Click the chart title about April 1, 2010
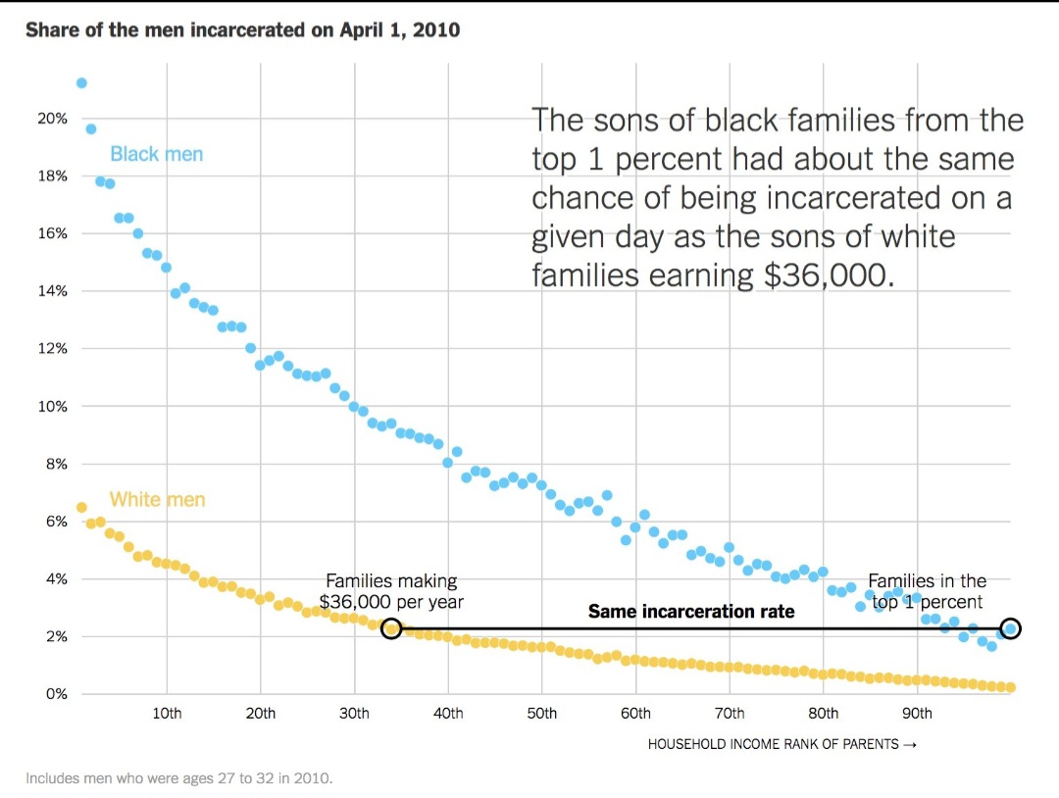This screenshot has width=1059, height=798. click(242, 30)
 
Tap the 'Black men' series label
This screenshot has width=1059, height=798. click(157, 154)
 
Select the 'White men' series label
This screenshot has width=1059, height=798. click(157, 500)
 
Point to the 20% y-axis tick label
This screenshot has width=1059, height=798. click(53, 119)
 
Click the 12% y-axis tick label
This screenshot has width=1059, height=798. click(53, 349)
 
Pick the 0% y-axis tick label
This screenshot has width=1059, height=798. click(56, 694)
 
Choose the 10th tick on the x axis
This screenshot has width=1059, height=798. click(168, 714)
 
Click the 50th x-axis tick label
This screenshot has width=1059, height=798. click(542, 714)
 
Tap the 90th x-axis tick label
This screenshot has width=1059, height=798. click(918, 714)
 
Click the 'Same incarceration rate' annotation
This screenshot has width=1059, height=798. click(691, 612)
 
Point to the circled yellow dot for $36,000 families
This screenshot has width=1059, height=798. click(391, 628)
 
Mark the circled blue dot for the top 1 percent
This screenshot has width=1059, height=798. click(1011, 628)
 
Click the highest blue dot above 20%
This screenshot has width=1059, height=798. click(81, 82)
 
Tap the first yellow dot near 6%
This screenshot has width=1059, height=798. click(81, 508)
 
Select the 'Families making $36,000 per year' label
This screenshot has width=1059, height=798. click(391, 591)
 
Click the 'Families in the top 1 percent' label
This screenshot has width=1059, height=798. click(928, 591)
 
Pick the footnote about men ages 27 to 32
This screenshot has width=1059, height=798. click(179, 778)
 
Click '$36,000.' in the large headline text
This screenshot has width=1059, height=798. click(829, 275)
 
